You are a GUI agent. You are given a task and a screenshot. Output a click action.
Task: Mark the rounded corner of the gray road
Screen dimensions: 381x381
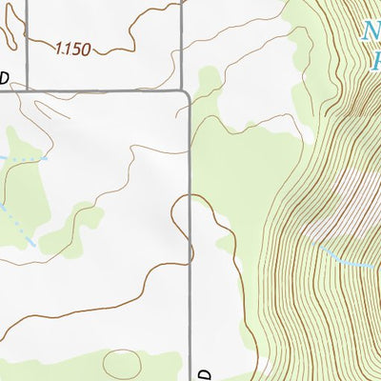pyautogui.click(x=185, y=95)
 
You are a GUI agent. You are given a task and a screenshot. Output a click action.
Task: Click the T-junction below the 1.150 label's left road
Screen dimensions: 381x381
pyautogui.click(x=27, y=91)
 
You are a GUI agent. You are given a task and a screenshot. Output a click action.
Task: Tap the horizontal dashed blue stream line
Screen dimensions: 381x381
pyautogui.click(x=24, y=155)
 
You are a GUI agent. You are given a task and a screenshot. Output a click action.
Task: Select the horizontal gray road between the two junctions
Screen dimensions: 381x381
pyautogui.click(x=105, y=91)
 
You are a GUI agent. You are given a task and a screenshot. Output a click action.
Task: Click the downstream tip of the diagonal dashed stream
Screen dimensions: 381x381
pyautogui.click(x=34, y=246)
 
